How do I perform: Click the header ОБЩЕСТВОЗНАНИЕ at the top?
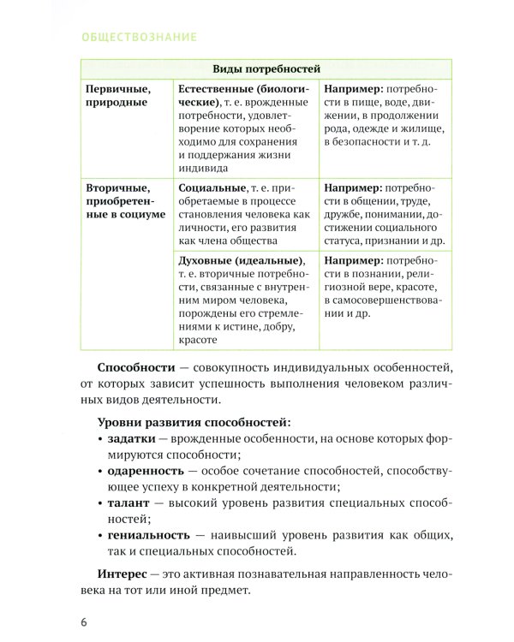tap(138, 37)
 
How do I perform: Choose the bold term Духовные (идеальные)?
tap(241, 260)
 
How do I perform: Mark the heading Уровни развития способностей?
tap(193, 421)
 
